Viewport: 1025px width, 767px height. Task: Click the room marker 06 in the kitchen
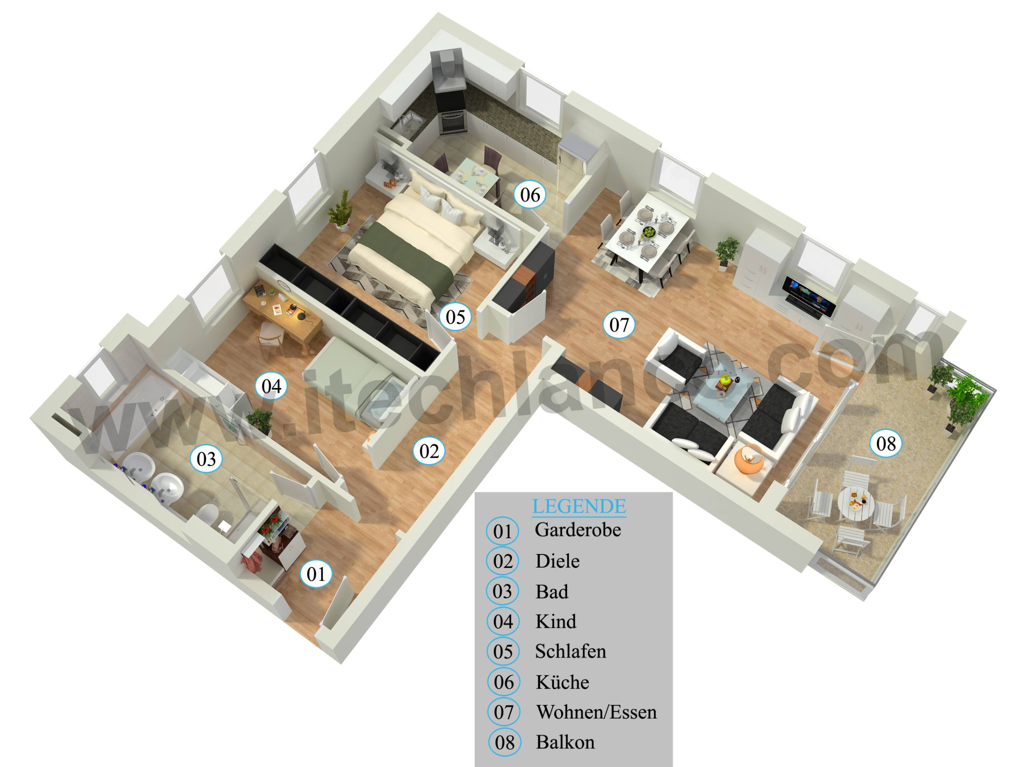click(530, 194)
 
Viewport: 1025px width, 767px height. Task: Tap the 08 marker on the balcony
click(886, 443)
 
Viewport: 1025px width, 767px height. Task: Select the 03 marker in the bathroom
click(206, 459)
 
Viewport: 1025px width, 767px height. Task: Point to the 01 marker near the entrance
click(316, 574)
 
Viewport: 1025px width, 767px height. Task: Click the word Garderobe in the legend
click(577, 530)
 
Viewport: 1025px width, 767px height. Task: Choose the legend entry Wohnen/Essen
click(596, 712)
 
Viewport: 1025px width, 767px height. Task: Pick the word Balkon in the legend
click(565, 742)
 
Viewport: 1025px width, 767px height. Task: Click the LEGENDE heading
click(579, 506)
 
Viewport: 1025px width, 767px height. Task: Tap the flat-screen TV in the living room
click(808, 298)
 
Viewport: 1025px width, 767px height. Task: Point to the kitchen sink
click(408, 121)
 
